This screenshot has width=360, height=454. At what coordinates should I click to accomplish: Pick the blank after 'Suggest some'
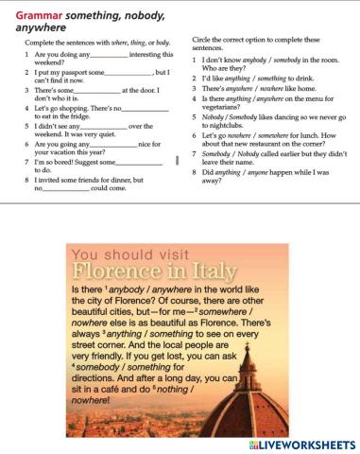[128, 162]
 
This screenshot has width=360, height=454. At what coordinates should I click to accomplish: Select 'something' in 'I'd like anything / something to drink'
[275, 78]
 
